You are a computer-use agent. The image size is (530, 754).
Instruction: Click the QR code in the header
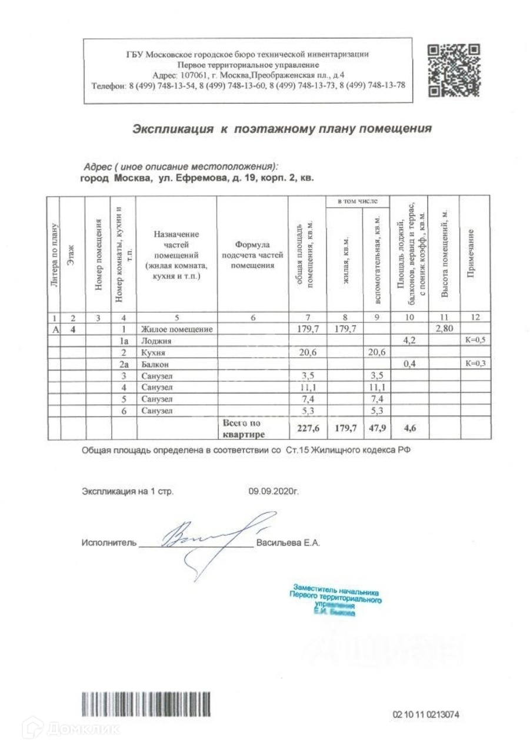pyautogui.click(x=454, y=70)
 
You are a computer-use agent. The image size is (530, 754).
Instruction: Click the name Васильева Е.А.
pyautogui.click(x=288, y=543)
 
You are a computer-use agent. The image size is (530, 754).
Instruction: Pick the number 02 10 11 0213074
pyautogui.click(x=425, y=715)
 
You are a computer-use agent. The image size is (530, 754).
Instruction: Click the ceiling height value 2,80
pyautogui.click(x=445, y=329)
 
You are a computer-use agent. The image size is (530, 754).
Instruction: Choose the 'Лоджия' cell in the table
pyautogui.click(x=154, y=340)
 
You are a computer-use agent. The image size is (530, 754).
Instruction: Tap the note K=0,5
pyautogui.click(x=475, y=340)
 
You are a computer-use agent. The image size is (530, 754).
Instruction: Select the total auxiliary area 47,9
pyautogui.click(x=376, y=428)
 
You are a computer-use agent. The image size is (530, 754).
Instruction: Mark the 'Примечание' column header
pyautogui.click(x=474, y=253)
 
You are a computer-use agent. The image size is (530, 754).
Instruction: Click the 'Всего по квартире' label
pyautogui.click(x=242, y=428)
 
